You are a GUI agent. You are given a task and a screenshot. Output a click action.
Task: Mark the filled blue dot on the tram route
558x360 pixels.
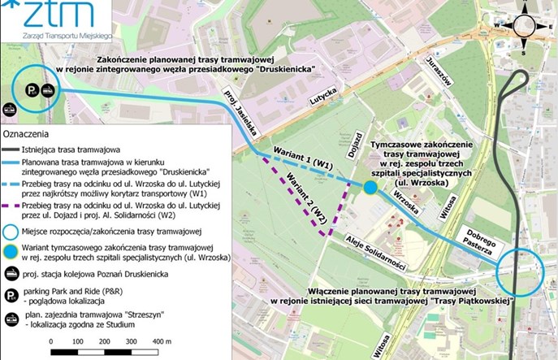click(x=370, y=188)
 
